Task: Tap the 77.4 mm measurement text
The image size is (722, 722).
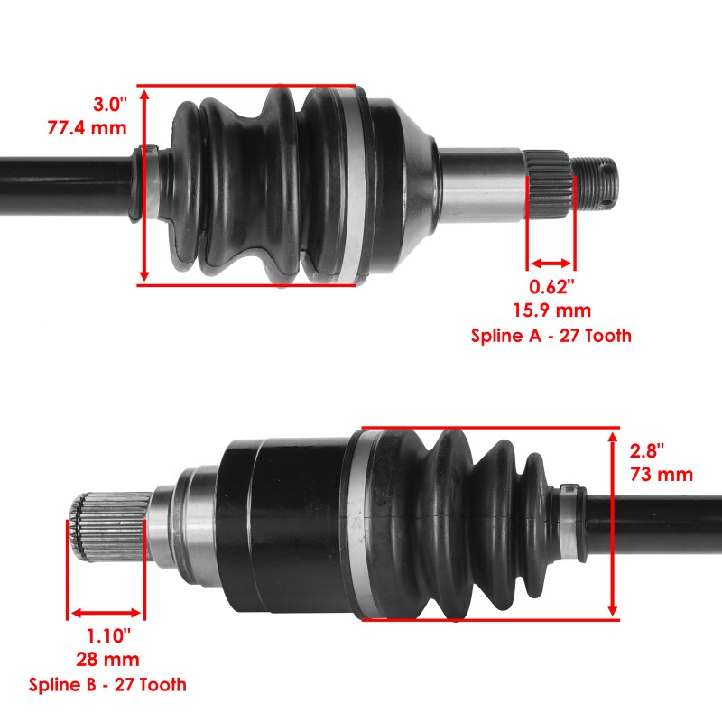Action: (88, 127)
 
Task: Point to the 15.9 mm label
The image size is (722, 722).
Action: (551, 311)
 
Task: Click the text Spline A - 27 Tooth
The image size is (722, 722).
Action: (551, 336)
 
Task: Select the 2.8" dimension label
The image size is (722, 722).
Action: (649, 450)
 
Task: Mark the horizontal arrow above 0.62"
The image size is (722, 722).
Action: (551, 264)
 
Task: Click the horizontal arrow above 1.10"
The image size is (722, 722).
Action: (105, 612)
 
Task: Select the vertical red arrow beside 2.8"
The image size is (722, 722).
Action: (614, 523)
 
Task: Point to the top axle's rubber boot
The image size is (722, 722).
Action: (262, 185)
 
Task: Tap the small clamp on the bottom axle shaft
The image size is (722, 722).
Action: (568, 491)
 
